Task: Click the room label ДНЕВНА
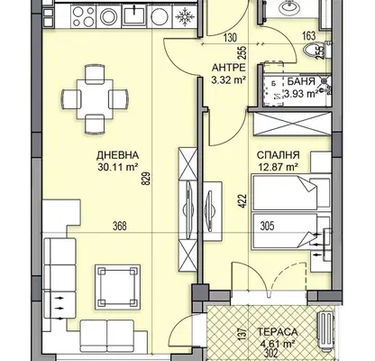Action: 117,155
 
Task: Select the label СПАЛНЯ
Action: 278,155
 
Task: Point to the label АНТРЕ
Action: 229,68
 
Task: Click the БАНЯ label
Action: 301,81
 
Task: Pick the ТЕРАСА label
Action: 278,332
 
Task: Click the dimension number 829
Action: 147,178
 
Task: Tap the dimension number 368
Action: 120,226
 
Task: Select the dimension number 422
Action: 242,202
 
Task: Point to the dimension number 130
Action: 230,38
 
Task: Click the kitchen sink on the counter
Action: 133,15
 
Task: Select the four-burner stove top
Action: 84,16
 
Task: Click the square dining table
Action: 95,99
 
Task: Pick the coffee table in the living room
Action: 117,287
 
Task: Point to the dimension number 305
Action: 267,226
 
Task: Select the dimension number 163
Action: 309,36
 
